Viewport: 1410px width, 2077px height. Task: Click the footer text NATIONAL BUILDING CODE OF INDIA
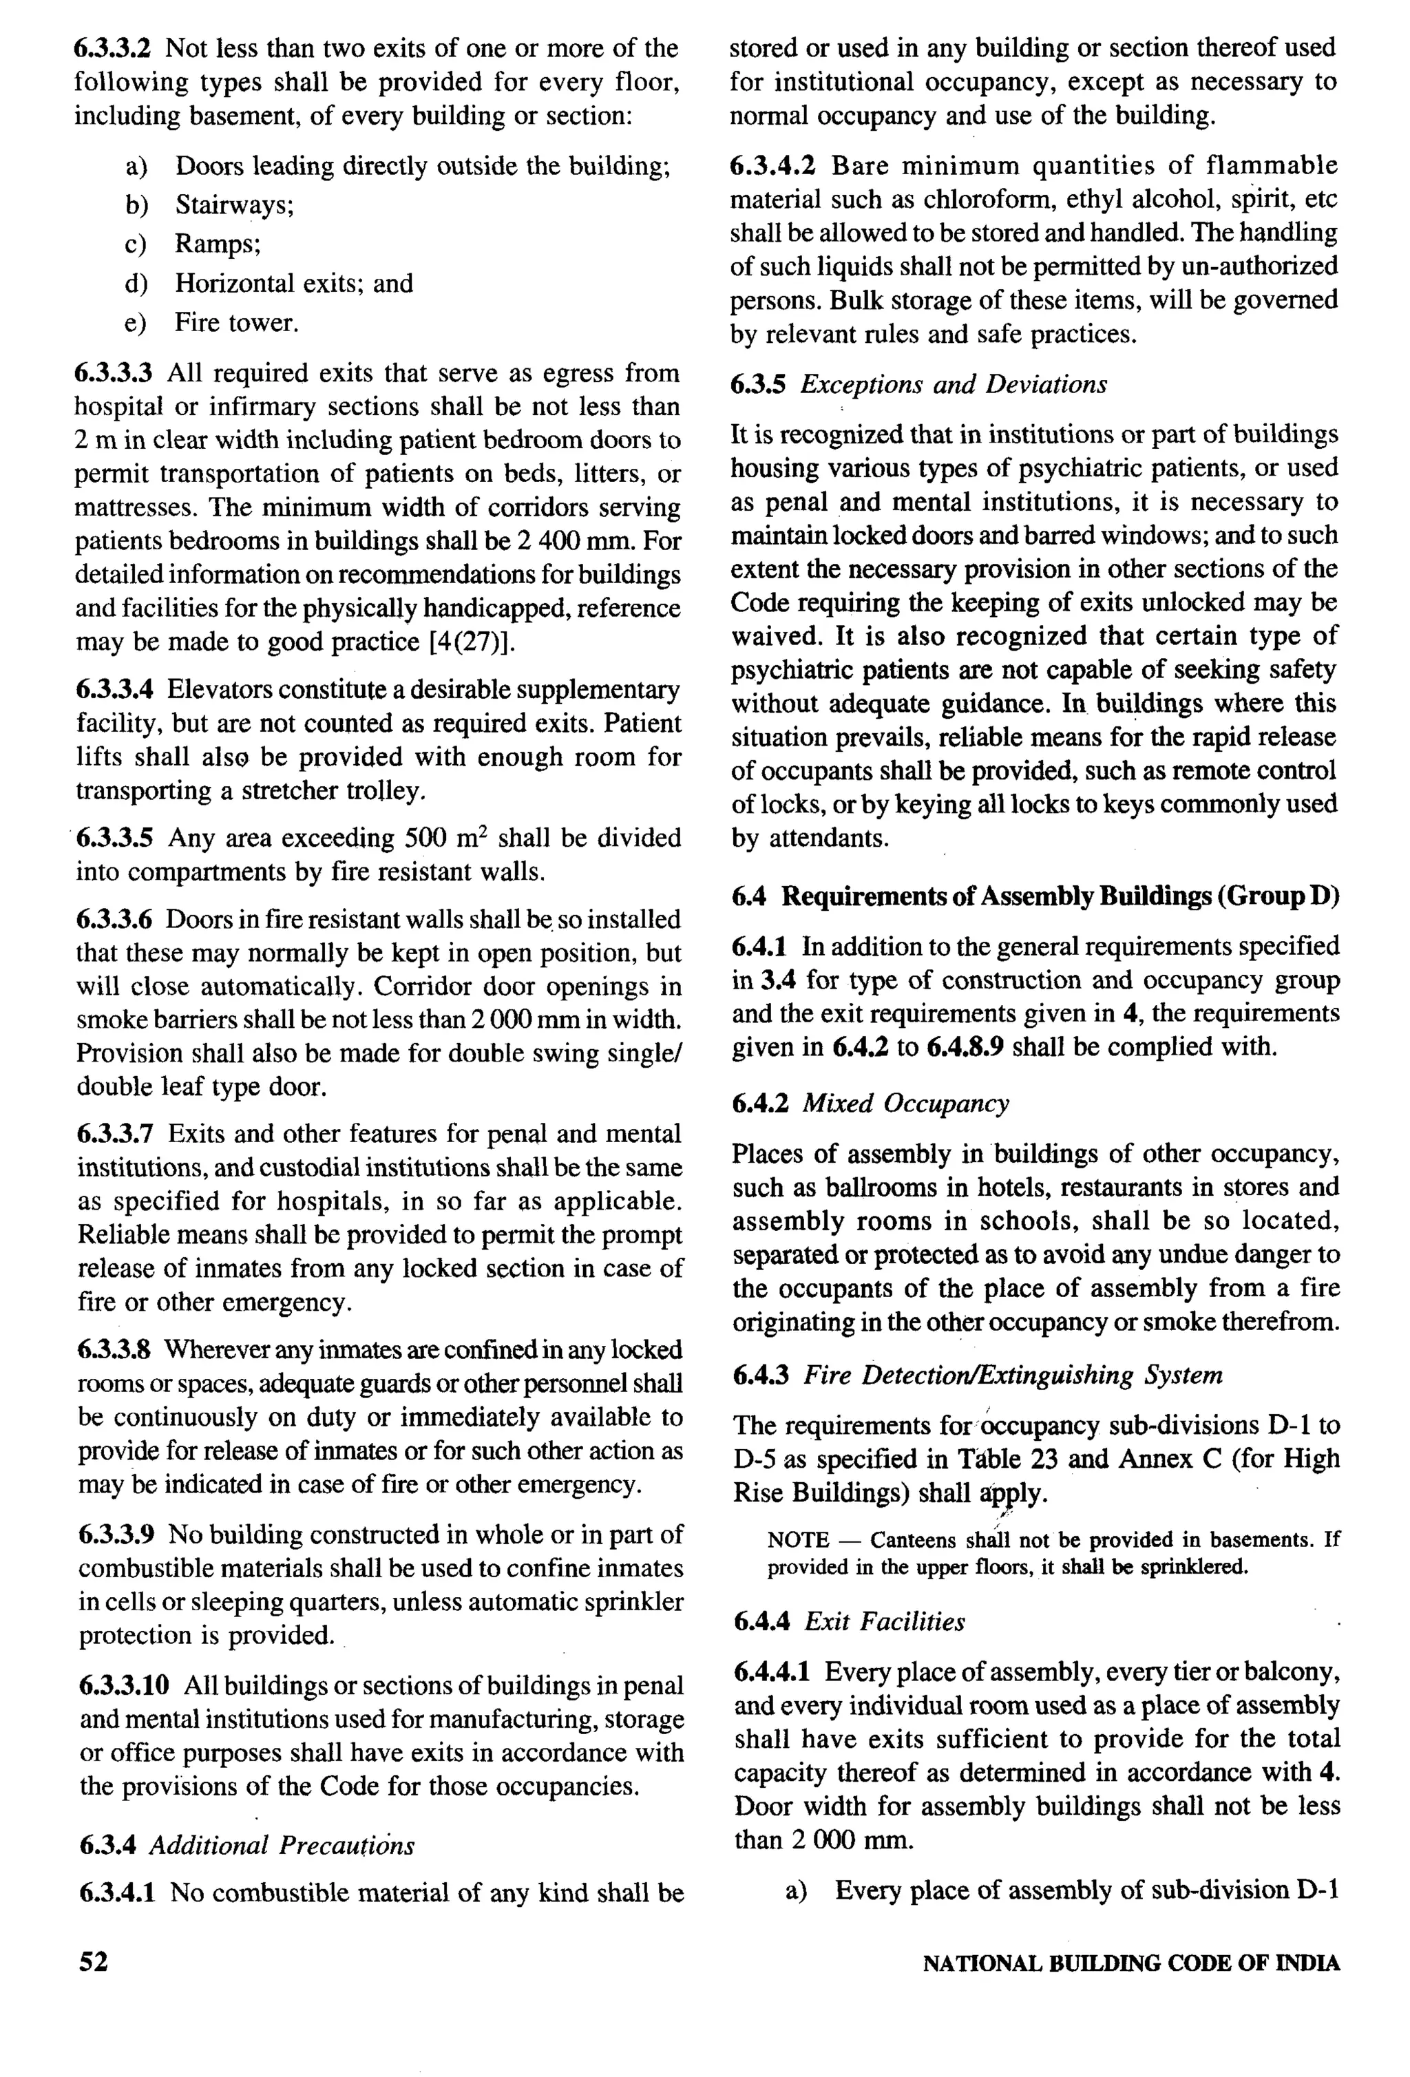(x=1130, y=1963)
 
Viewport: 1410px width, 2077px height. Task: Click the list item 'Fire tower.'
(x=236, y=323)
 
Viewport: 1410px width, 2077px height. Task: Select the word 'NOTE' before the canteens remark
(x=798, y=1540)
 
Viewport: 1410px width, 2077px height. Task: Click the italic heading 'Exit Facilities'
(x=884, y=1622)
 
